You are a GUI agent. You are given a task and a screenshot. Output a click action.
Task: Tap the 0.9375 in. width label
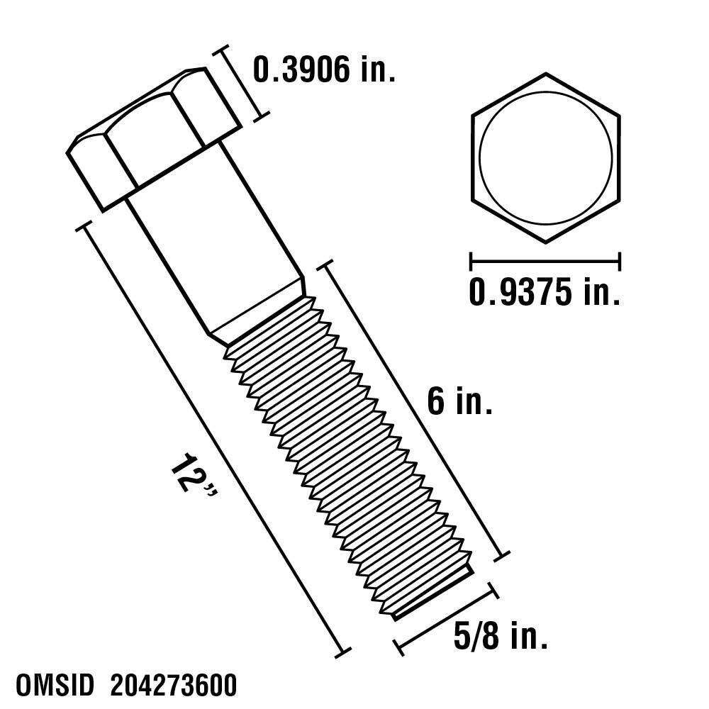(x=545, y=291)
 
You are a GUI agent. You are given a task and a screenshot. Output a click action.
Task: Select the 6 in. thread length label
(x=459, y=403)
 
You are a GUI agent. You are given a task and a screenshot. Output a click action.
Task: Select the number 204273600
(x=174, y=687)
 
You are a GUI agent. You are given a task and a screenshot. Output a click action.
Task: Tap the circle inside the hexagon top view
(x=545, y=157)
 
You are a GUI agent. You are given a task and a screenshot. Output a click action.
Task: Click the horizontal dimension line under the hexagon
(x=545, y=261)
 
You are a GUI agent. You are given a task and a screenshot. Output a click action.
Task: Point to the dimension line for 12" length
(x=213, y=440)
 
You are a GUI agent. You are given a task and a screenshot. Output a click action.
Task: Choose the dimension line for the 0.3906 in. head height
(x=242, y=82)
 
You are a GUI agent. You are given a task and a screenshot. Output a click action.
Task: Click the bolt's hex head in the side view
(x=152, y=138)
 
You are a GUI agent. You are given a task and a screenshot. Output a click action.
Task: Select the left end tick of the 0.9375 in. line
(x=471, y=261)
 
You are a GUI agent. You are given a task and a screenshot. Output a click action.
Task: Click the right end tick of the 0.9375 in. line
(x=620, y=261)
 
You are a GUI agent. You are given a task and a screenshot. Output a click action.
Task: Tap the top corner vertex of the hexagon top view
(x=545, y=73)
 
